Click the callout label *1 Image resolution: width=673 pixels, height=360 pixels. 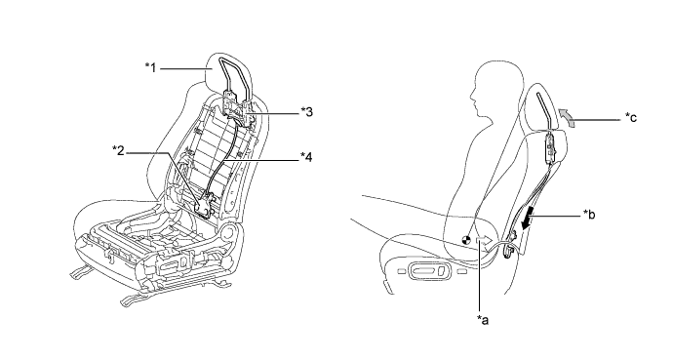coord(150,67)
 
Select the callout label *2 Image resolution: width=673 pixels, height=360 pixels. coord(118,150)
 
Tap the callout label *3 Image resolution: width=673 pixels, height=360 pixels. coord(306,112)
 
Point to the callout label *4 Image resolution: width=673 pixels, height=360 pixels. coord(306,157)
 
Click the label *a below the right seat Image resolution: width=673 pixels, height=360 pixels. coord(483,319)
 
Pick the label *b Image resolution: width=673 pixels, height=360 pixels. coord(589,214)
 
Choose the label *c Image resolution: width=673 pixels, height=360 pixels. coord(631,117)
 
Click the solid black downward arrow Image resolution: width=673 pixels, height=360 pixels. coord(527,218)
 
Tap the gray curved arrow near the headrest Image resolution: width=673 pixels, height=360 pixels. coord(566,118)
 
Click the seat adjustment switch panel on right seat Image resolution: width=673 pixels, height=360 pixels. coord(426,271)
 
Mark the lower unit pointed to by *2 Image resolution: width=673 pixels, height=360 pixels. coord(204,206)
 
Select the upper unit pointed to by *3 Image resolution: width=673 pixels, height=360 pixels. coord(237,107)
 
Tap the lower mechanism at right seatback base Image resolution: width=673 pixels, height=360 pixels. coord(510,245)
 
